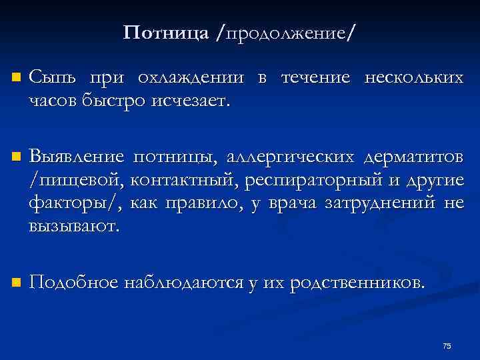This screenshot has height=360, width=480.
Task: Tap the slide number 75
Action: pos(447,345)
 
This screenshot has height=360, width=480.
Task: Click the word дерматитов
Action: pos(414,158)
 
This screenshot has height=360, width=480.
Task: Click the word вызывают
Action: pos(74,225)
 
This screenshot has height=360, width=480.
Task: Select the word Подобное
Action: pos(73,283)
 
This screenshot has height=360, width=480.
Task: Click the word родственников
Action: pos(357,283)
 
